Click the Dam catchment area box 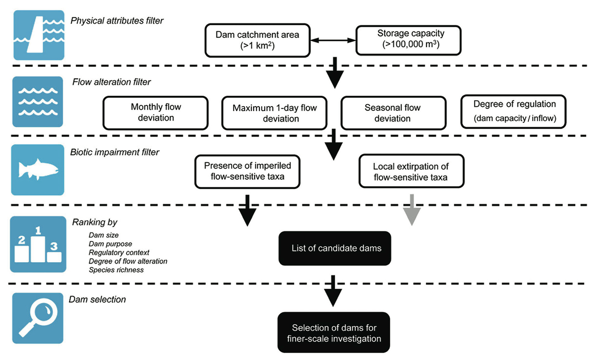click(x=257, y=40)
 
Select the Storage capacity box click(x=408, y=40)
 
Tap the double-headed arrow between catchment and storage click(x=333, y=40)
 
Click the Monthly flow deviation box click(x=156, y=112)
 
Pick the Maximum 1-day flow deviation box click(x=274, y=113)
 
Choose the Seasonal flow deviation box click(x=393, y=113)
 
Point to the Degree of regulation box click(x=513, y=112)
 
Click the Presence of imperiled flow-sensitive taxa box click(x=247, y=171)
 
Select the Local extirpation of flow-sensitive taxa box click(x=411, y=171)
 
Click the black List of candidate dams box click(x=335, y=248)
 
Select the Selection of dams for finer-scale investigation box click(x=334, y=332)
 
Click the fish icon click(x=37, y=170)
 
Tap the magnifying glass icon click(x=37, y=318)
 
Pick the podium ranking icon click(x=38, y=244)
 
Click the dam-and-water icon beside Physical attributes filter click(x=39, y=35)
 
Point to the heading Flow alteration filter click(x=111, y=82)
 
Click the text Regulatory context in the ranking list click(x=119, y=252)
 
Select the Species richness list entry click(x=116, y=270)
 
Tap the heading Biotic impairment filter click(x=114, y=152)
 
